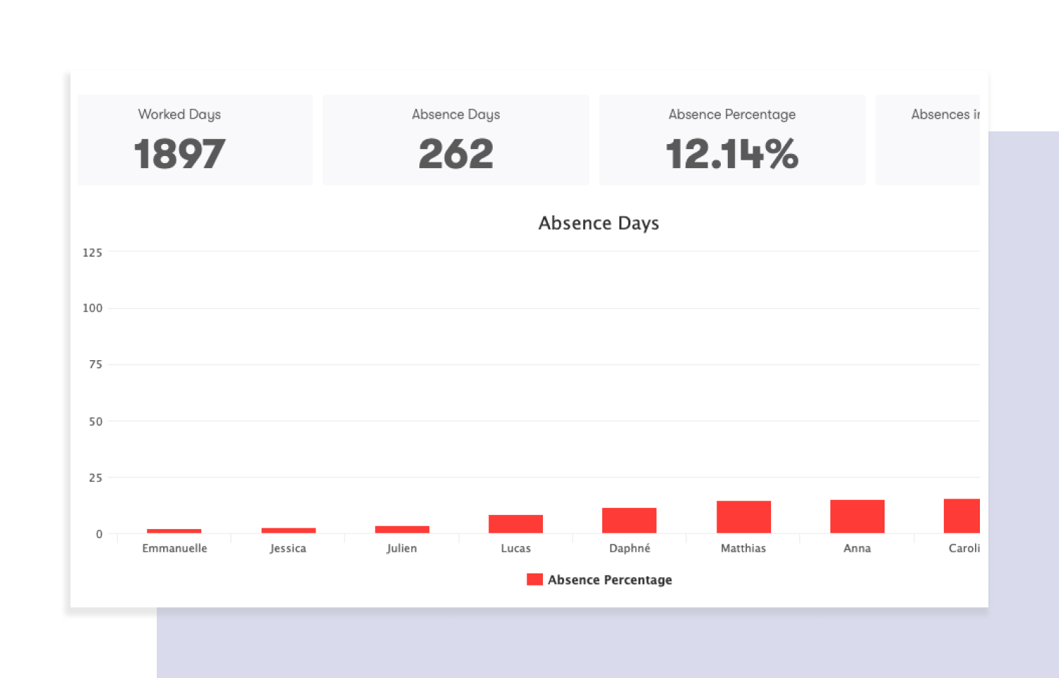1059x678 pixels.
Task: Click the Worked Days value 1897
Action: (x=179, y=154)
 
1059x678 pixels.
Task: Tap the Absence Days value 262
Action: (x=455, y=154)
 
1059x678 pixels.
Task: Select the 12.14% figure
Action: (x=731, y=154)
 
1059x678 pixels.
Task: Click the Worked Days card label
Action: (x=179, y=114)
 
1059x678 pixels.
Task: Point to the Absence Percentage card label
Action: (x=731, y=114)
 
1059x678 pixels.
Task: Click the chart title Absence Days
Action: (x=599, y=223)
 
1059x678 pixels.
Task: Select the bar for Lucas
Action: (x=515, y=524)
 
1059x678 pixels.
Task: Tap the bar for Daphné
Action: (x=629, y=521)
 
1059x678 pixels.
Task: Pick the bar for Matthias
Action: (x=743, y=517)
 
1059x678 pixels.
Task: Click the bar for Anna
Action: (x=857, y=516)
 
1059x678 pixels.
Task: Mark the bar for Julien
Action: (x=402, y=530)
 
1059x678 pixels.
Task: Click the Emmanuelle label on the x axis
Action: (x=174, y=548)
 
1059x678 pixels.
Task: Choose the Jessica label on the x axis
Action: (x=288, y=548)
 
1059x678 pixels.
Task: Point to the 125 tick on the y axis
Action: (x=92, y=253)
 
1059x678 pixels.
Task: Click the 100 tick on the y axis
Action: (x=92, y=308)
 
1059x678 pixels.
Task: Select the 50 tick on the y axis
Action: (x=95, y=422)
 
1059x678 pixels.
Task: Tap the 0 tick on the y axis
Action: (x=99, y=535)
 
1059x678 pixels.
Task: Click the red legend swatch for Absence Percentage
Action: (x=534, y=580)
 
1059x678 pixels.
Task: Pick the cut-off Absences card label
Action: (x=945, y=114)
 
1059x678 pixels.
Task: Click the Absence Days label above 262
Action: (x=455, y=114)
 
